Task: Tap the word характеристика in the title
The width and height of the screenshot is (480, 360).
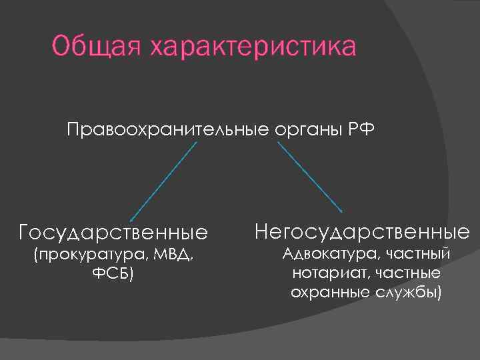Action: click(x=253, y=47)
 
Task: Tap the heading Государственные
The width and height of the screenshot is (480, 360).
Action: click(x=113, y=233)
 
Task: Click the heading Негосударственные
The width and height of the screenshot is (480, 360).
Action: click(x=362, y=232)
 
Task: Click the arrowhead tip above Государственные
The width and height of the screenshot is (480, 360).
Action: click(x=131, y=220)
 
